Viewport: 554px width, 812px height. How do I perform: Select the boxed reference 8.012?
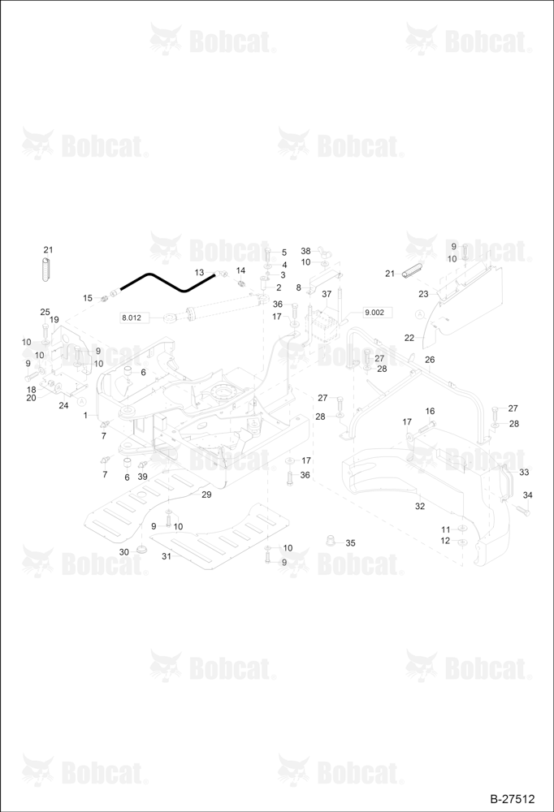pyautogui.click(x=131, y=317)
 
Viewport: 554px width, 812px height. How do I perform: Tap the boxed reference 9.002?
pyautogui.click(x=374, y=313)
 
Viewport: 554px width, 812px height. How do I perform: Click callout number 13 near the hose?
pyautogui.click(x=200, y=272)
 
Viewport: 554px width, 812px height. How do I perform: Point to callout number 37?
pyautogui.click(x=327, y=294)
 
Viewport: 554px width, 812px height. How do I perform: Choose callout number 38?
pyautogui.click(x=305, y=251)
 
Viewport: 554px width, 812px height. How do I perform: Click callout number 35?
pyautogui.click(x=350, y=542)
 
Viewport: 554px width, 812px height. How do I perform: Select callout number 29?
pyautogui.click(x=206, y=495)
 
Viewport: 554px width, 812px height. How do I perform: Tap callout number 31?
pyautogui.click(x=167, y=556)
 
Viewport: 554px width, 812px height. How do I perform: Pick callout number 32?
pyautogui.click(x=420, y=506)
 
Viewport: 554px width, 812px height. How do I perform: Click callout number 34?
pyautogui.click(x=527, y=495)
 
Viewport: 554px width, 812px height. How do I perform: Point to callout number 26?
pyautogui.click(x=430, y=360)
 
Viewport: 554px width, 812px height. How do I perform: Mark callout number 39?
pyautogui.click(x=142, y=477)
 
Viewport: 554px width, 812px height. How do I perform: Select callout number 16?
pyautogui.click(x=431, y=411)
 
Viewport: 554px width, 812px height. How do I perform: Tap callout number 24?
pyautogui.click(x=63, y=405)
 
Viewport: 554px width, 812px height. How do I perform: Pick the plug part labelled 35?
pyautogui.click(x=330, y=541)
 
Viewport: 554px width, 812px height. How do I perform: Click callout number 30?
pyautogui.click(x=123, y=552)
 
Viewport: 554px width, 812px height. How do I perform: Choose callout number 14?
pyautogui.click(x=241, y=270)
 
